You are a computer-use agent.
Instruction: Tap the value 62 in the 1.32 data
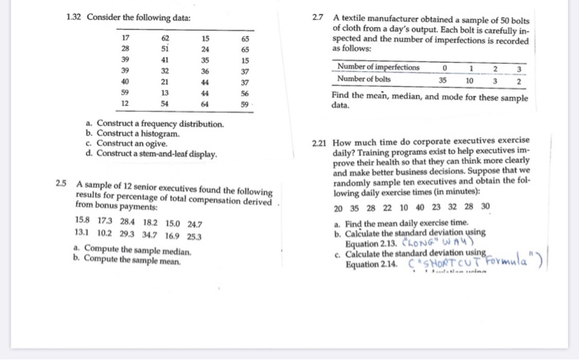[165, 37]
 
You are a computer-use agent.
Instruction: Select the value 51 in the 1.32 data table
[165, 48]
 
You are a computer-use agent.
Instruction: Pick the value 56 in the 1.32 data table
[245, 94]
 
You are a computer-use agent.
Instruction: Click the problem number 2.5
[61, 182]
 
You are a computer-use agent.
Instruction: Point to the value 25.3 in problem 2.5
[194, 235]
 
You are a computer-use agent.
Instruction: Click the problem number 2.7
[318, 17]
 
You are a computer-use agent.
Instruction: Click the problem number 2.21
[320, 142]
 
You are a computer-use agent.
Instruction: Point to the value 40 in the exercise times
[423, 207]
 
